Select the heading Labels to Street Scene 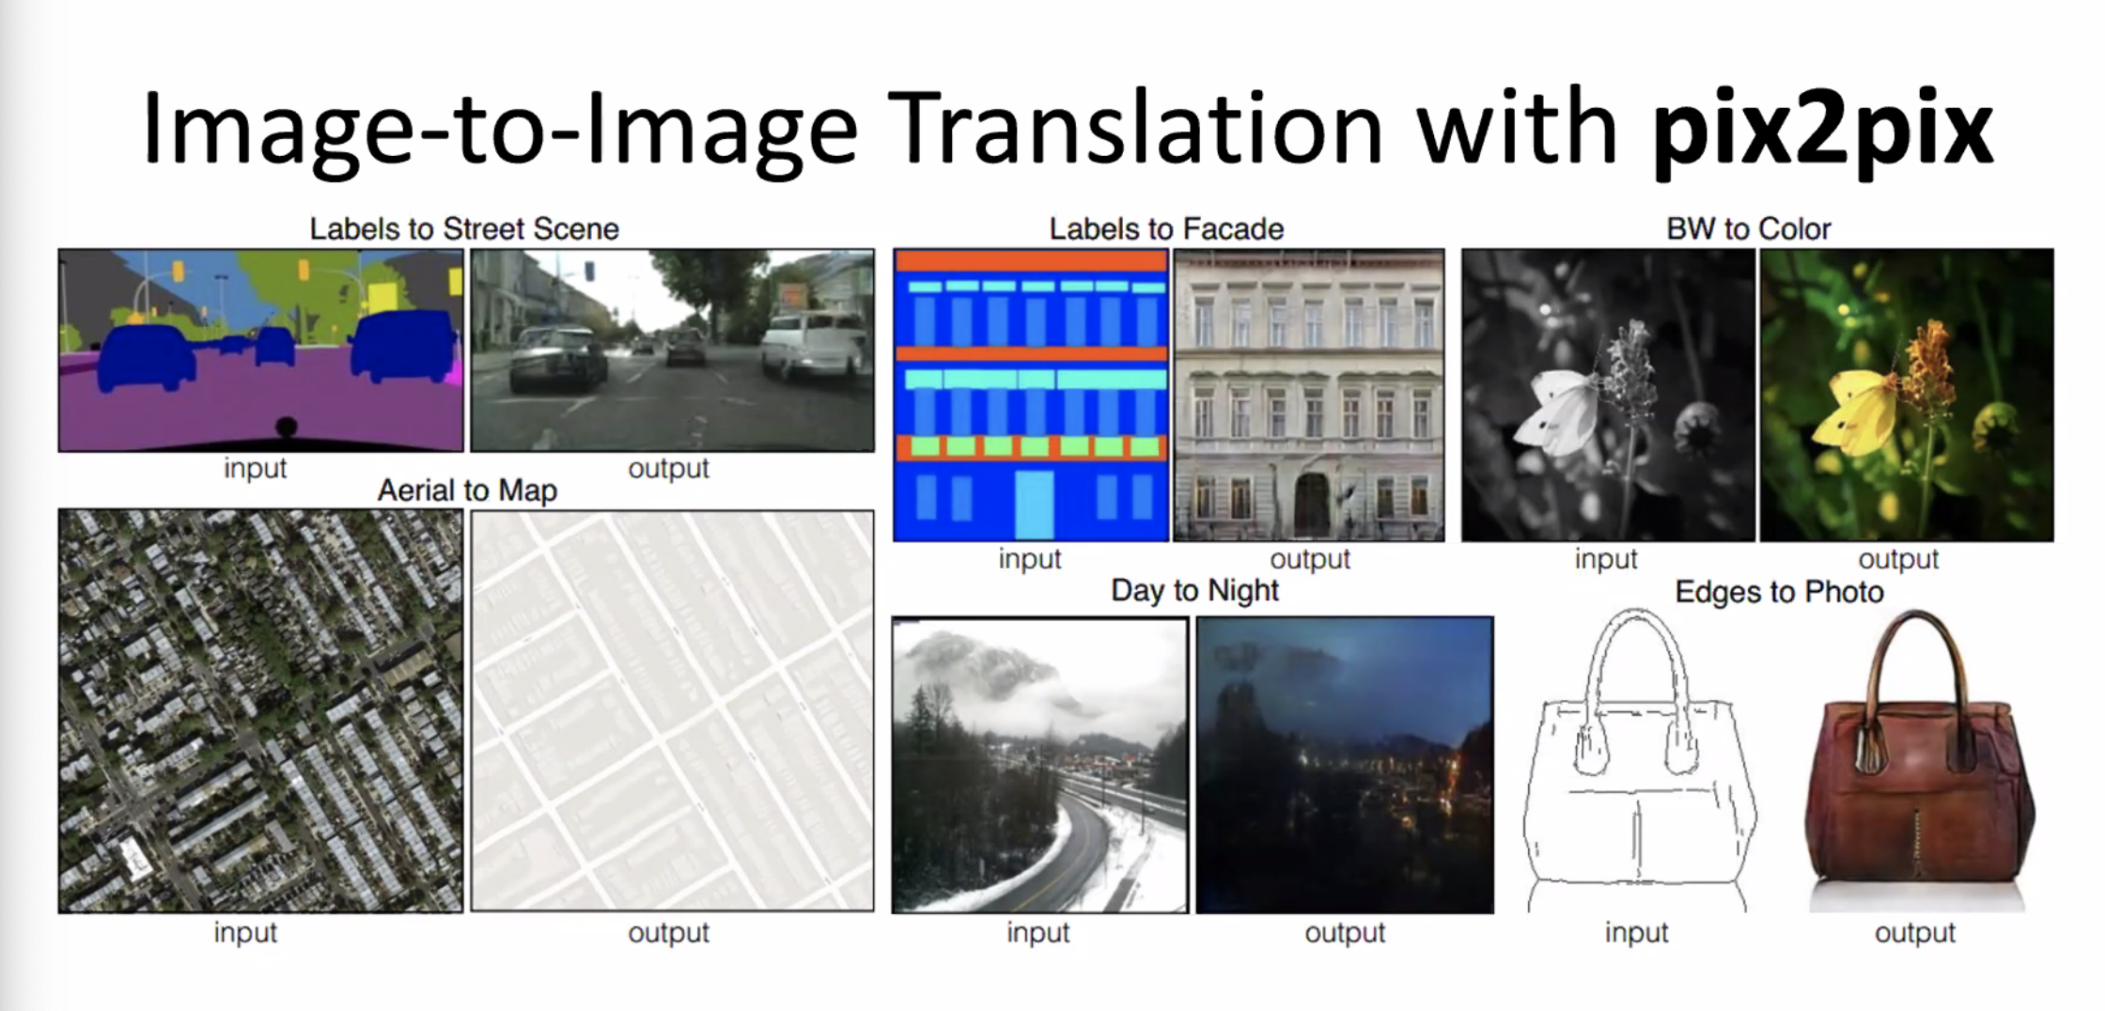pyautogui.click(x=464, y=228)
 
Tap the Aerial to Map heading pyautogui.click(x=467, y=490)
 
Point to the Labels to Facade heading pyautogui.click(x=1166, y=228)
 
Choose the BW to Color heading pyautogui.click(x=1749, y=228)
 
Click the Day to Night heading pyautogui.click(x=1194, y=590)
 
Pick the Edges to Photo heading pyautogui.click(x=1779, y=592)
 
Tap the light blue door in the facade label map pyautogui.click(x=1035, y=505)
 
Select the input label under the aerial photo pyautogui.click(x=245, y=932)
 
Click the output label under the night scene pyautogui.click(x=1345, y=932)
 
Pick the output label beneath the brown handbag pyautogui.click(x=1915, y=932)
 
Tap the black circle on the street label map pyautogui.click(x=286, y=428)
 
